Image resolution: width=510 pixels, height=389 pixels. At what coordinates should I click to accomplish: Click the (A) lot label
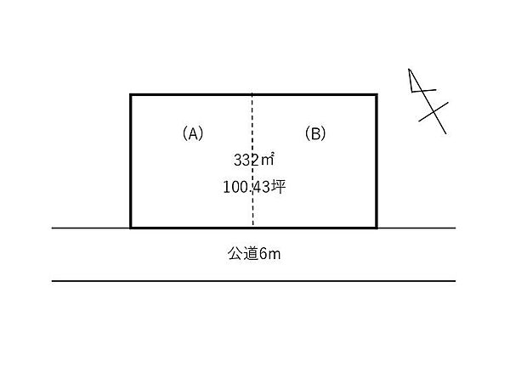click(x=193, y=133)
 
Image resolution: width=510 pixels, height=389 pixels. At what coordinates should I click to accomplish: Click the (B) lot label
click(x=315, y=133)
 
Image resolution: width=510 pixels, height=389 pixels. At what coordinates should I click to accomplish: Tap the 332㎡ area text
click(x=253, y=160)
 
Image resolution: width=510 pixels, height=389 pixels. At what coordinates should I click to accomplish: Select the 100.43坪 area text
click(x=254, y=187)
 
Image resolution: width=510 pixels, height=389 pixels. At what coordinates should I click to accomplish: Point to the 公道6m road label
click(x=254, y=253)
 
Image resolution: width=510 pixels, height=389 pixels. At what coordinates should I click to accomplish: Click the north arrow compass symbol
click(x=428, y=101)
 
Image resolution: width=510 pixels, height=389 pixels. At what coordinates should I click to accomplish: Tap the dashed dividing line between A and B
click(x=252, y=161)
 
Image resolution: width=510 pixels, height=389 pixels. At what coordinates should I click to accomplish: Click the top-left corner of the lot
click(x=130, y=94)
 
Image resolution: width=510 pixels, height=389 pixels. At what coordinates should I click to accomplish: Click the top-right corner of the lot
click(x=377, y=94)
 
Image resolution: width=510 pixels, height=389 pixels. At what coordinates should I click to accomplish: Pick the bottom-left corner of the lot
click(x=130, y=228)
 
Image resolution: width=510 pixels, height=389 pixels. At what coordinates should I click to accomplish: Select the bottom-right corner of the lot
click(x=377, y=228)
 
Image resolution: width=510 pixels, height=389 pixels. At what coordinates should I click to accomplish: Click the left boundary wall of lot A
click(x=130, y=161)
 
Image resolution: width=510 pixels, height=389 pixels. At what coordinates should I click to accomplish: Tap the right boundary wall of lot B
click(x=377, y=161)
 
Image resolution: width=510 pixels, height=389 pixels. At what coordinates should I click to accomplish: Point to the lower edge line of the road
click(x=253, y=281)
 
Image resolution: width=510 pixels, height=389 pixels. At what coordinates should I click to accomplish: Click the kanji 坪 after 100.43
click(x=279, y=187)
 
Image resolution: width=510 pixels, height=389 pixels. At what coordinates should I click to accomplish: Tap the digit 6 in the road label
click(x=263, y=254)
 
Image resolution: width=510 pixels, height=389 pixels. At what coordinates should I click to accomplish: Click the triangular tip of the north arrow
click(x=409, y=69)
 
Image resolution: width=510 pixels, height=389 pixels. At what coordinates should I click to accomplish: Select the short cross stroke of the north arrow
click(x=433, y=112)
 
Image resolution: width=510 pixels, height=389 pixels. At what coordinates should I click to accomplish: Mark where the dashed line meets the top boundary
click(x=252, y=94)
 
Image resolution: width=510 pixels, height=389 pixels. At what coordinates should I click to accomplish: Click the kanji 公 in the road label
click(x=235, y=253)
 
